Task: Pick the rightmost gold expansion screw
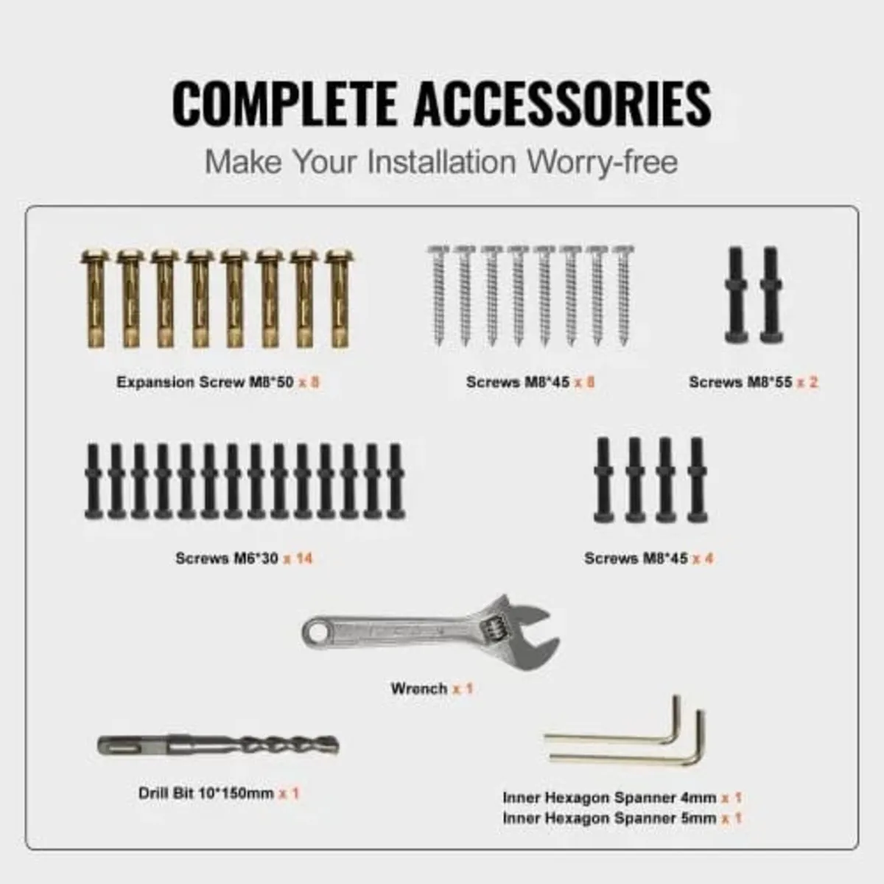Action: tap(338, 298)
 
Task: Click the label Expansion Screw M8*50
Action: tap(205, 382)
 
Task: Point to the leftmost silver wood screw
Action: tap(438, 295)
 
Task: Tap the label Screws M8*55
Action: tap(740, 382)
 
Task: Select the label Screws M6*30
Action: tap(227, 558)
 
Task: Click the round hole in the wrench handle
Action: tap(317, 631)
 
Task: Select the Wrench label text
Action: tap(419, 689)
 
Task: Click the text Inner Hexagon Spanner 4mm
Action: tap(609, 798)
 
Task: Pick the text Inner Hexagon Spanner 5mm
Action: tap(609, 818)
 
